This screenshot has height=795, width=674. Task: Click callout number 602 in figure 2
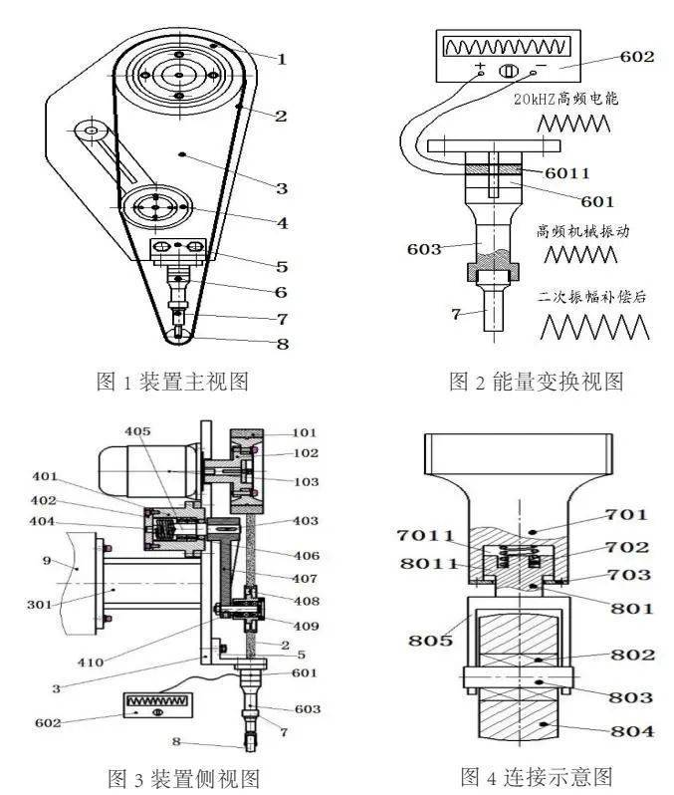click(636, 57)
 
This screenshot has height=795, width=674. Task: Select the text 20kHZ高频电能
click(572, 99)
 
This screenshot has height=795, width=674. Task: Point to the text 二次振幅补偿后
click(588, 297)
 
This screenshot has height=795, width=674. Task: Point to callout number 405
click(140, 430)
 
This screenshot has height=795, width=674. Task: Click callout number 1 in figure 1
click(282, 59)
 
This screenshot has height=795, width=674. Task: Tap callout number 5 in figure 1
click(282, 266)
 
